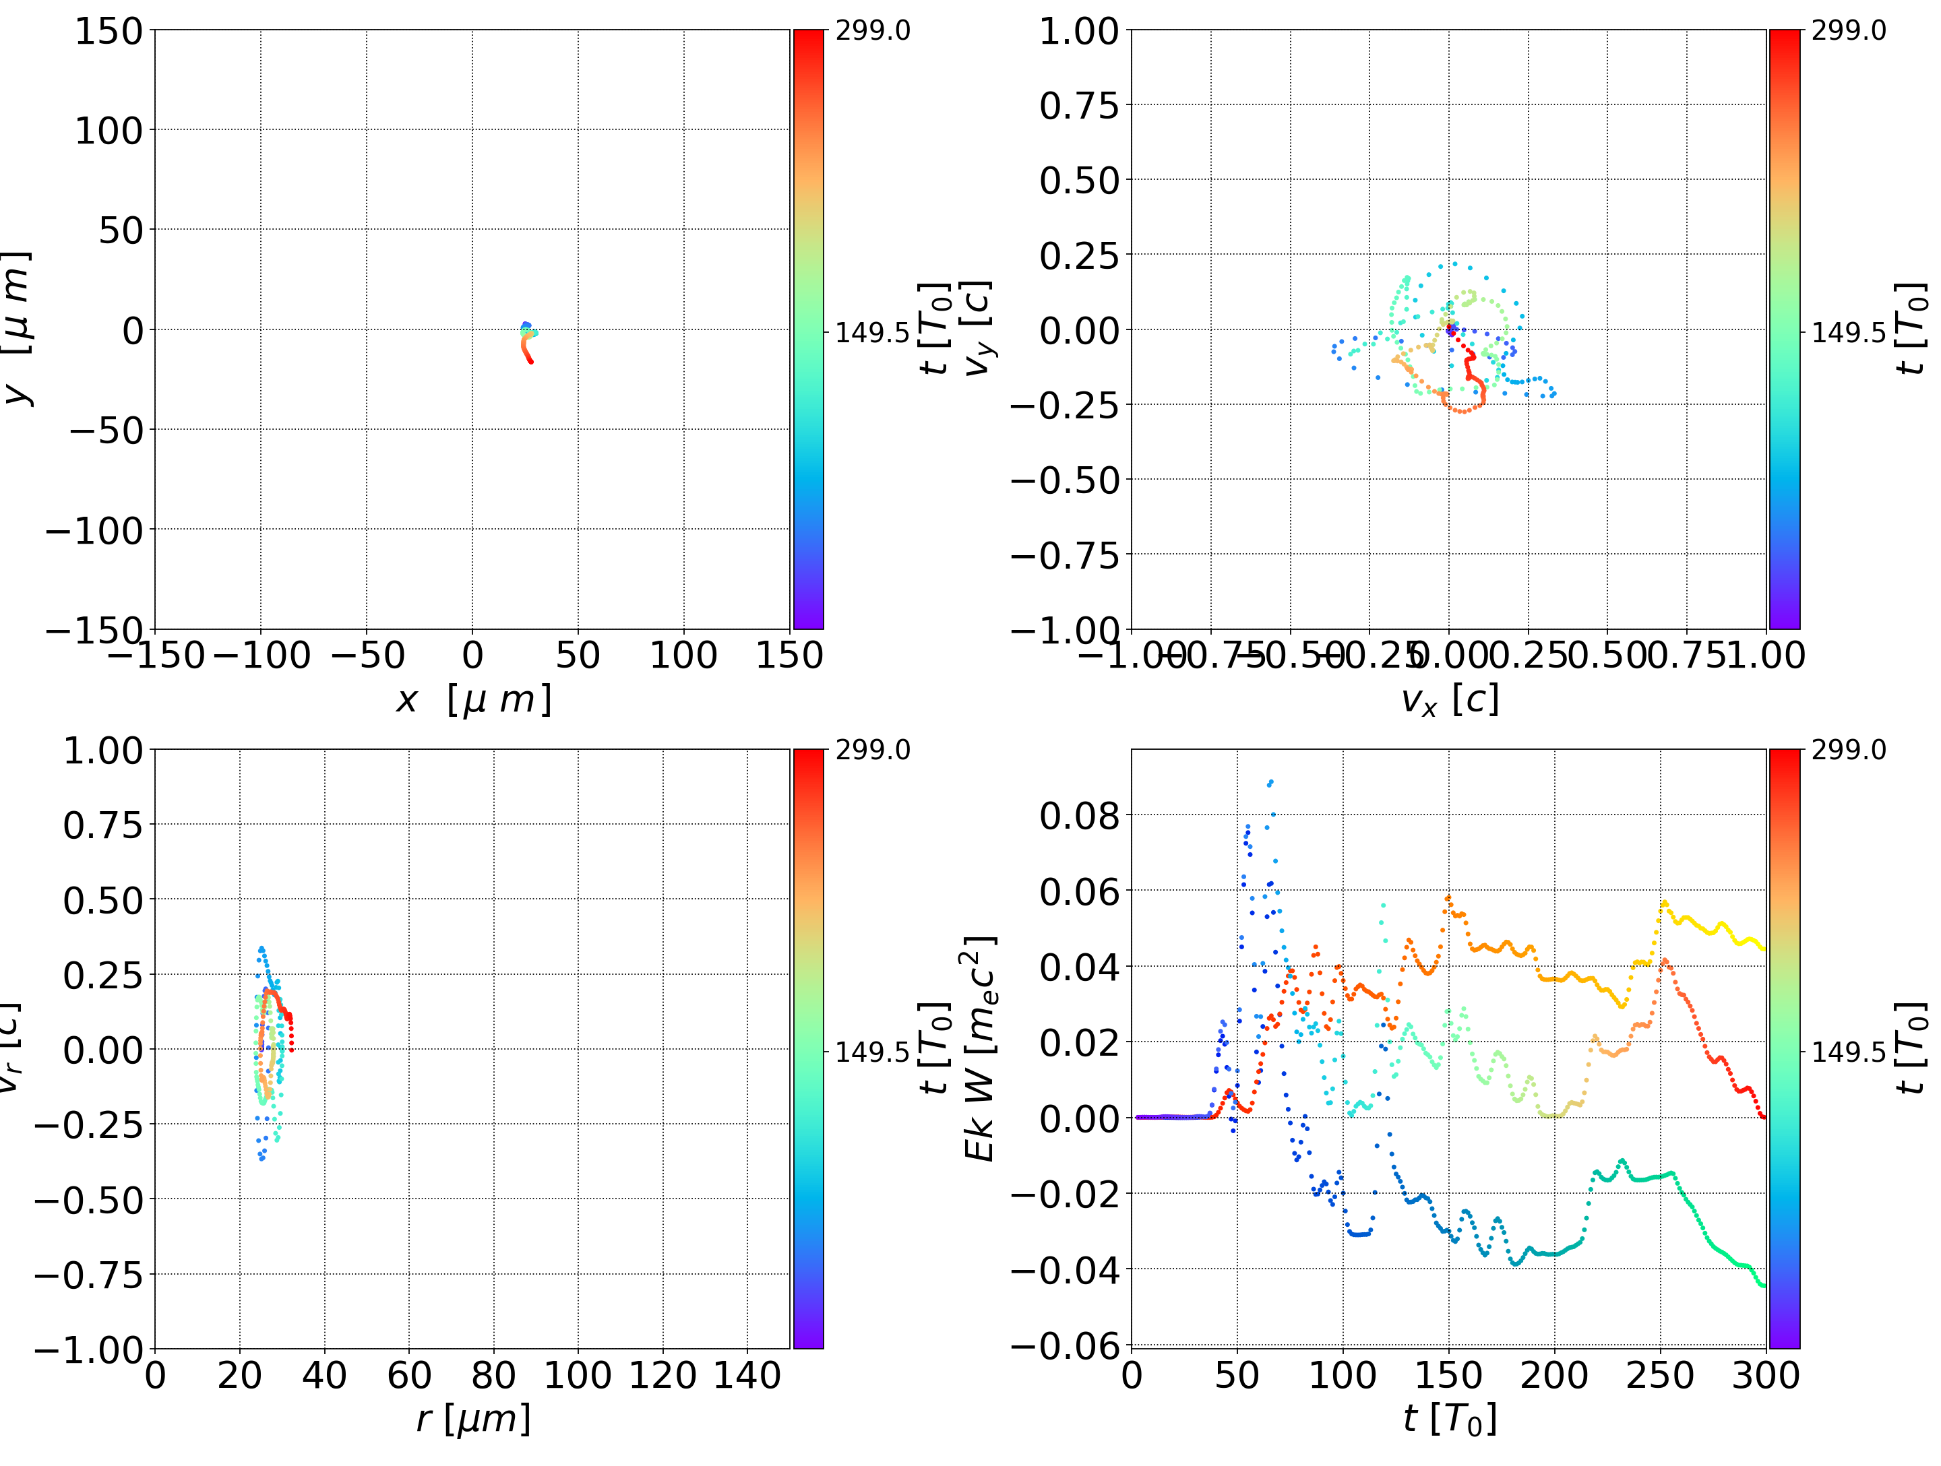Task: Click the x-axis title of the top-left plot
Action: coord(473,699)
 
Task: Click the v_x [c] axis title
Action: coord(1449,699)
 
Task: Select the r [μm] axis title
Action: coord(473,1419)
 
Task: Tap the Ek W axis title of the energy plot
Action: coord(979,1048)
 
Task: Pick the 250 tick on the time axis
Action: coord(1660,1375)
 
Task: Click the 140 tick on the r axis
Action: coord(747,1375)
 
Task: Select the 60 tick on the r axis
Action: coord(409,1375)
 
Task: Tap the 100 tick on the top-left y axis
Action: coord(108,131)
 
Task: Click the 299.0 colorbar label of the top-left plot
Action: coord(872,31)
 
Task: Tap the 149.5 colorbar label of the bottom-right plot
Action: coord(1848,1051)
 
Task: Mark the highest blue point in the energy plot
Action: coord(1270,782)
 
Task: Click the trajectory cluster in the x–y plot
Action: coord(527,342)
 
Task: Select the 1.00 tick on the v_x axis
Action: coord(1766,656)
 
